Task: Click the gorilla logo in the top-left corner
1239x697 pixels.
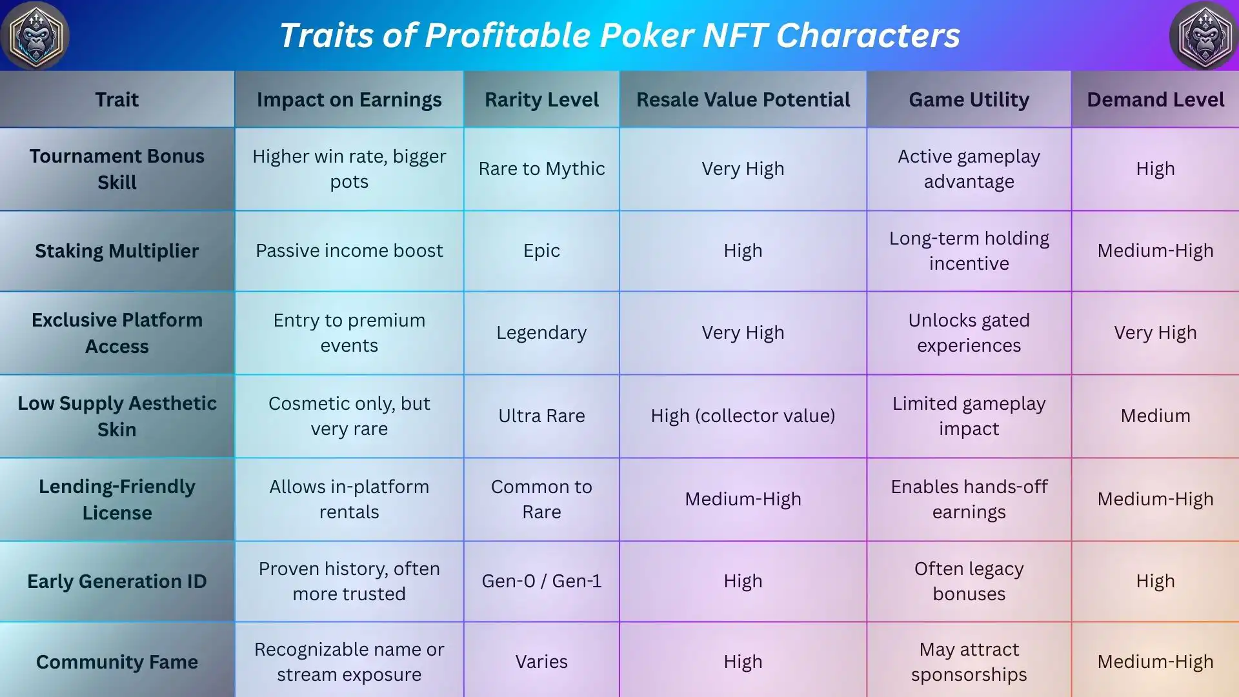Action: coord(35,35)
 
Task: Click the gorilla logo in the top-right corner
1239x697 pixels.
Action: coord(1204,35)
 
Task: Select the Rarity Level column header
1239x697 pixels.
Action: coord(541,99)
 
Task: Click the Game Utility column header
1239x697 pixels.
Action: coord(969,99)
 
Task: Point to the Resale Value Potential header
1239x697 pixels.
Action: coord(743,99)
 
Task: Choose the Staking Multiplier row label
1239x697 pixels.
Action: coord(117,250)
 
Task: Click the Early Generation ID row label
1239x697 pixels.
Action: coord(117,581)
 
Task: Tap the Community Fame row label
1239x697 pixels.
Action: coord(117,662)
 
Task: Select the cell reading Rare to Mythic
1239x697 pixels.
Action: coord(541,168)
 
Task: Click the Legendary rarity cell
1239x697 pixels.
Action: coord(541,332)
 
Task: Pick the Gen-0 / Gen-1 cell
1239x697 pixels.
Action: coord(541,581)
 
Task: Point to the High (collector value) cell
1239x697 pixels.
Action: coord(743,416)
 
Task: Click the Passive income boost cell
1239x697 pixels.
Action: coord(349,250)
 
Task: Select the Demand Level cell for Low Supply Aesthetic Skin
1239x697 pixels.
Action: coord(1155,416)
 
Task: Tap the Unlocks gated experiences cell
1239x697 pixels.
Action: coord(969,332)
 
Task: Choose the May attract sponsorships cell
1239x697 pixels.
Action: coord(969,662)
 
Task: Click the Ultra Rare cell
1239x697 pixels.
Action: coord(541,416)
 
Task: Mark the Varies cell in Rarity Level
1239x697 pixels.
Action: coord(541,662)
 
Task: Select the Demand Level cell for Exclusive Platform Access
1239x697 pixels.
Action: coord(1155,332)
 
